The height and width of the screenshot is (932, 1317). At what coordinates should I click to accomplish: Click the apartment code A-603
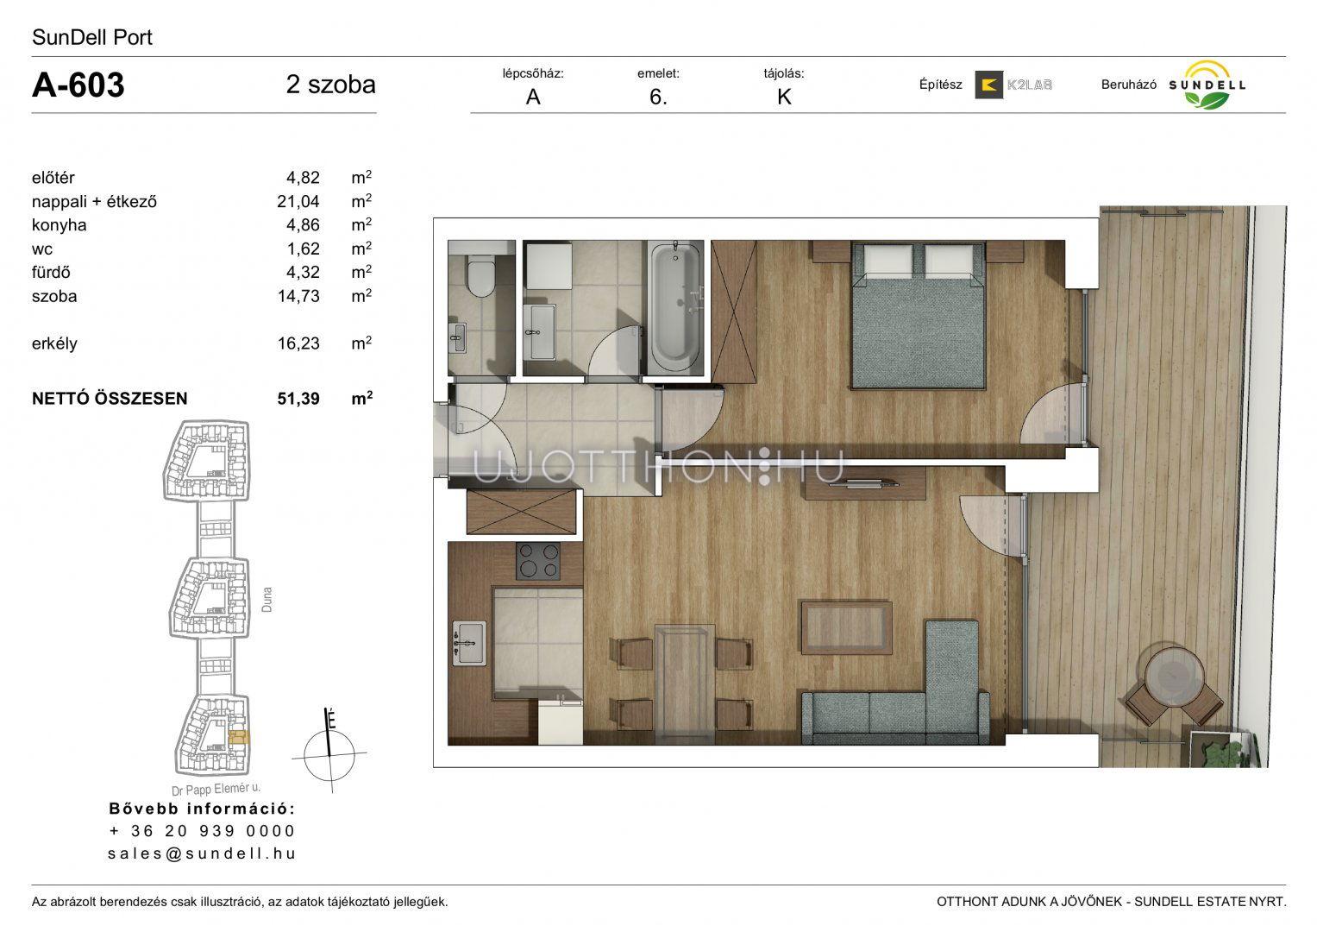click(78, 85)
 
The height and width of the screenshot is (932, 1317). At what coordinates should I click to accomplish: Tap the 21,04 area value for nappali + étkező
click(298, 202)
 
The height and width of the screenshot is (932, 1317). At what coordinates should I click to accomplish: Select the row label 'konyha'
click(59, 225)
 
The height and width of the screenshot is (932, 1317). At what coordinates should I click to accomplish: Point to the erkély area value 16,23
click(298, 343)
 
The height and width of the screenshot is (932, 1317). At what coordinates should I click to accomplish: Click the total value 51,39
click(298, 399)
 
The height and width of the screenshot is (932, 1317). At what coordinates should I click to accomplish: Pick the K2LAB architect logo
click(1013, 85)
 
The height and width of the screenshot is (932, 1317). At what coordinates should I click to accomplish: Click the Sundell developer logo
click(1207, 85)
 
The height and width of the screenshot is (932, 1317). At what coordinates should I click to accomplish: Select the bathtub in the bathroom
click(675, 308)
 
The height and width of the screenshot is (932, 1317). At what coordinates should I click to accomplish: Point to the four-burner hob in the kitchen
click(538, 561)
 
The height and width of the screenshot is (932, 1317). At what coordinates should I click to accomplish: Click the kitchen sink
click(469, 643)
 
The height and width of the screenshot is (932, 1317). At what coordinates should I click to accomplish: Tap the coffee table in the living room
click(846, 627)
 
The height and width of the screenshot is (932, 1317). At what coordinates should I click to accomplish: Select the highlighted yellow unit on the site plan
click(239, 737)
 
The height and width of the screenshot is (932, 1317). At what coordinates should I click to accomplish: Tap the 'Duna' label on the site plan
click(267, 599)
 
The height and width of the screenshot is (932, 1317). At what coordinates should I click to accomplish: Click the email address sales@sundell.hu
click(202, 853)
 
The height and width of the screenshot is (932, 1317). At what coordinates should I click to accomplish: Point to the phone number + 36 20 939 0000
click(202, 831)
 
